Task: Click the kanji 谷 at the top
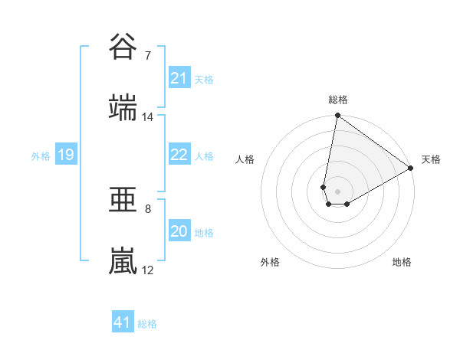click(123, 47)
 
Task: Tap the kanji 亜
click(123, 200)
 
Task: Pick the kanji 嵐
click(123, 261)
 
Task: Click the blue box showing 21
click(179, 78)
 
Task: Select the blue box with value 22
click(179, 155)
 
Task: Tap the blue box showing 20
click(179, 232)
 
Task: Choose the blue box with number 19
click(66, 155)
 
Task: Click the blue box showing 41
click(123, 322)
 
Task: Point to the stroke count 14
click(148, 117)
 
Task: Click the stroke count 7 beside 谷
click(147, 56)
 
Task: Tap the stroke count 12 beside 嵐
click(148, 270)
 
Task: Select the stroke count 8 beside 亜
click(147, 208)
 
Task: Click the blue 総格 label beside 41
click(147, 324)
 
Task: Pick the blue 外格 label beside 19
click(41, 156)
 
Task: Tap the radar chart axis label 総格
click(338, 100)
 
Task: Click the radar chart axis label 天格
click(432, 160)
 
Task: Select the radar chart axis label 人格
click(245, 160)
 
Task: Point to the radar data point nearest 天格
click(411, 169)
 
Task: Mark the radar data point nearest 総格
click(337, 116)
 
